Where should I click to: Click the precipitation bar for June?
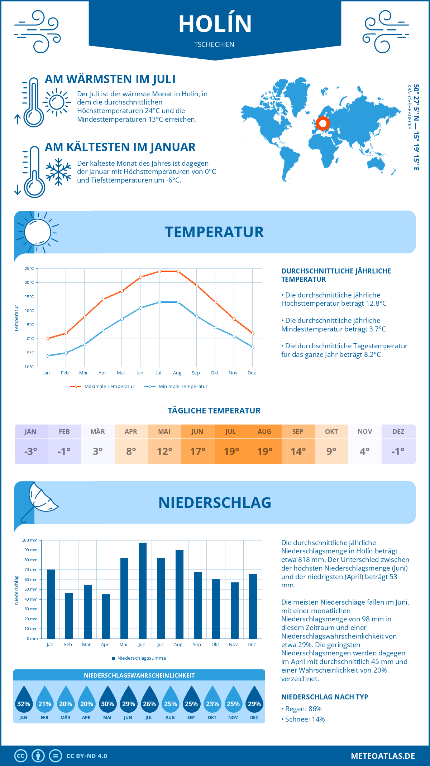(143, 591)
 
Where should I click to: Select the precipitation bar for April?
(106, 616)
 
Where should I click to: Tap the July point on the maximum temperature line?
(159, 271)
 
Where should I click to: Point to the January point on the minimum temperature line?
(47, 356)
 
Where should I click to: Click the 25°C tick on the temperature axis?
(29, 268)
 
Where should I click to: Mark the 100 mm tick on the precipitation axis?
(30, 540)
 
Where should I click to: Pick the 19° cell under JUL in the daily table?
(231, 451)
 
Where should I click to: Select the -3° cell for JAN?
(31, 451)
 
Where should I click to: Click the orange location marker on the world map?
(322, 123)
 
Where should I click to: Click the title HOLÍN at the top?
(215, 24)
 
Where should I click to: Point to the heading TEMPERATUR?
(214, 232)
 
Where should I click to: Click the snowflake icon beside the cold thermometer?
(58, 172)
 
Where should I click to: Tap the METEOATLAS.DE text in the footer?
(383, 756)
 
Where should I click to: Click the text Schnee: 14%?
(305, 719)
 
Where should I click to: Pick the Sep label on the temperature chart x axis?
(196, 373)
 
